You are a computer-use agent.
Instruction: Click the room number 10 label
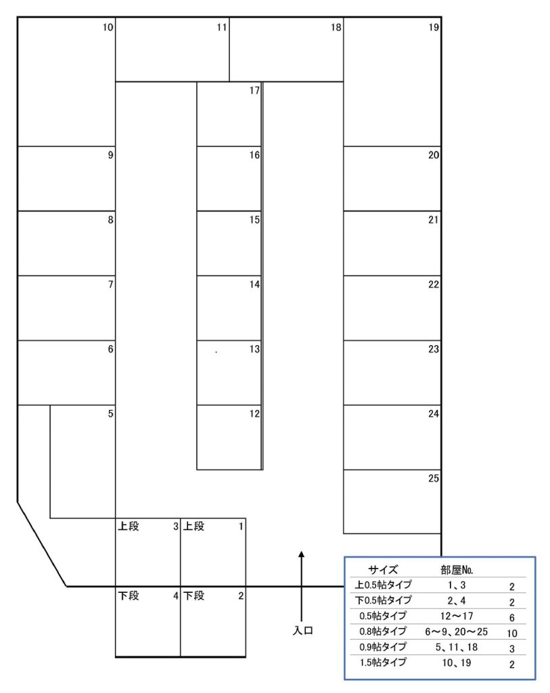click(x=108, y=27)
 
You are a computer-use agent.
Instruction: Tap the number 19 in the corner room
click(x=434, y=27)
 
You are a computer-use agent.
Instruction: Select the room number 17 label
click(x=254, y=91)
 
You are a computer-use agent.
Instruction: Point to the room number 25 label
click(x=434, y=478)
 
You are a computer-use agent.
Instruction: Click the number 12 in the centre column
click(x=254, y=413)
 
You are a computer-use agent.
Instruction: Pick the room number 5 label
click(x=110, y=413)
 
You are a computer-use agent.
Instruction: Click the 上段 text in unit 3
click(x=129, y=526)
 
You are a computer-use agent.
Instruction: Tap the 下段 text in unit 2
click(x=194, y=596)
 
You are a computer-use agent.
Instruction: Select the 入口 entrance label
click(x=302, y=631)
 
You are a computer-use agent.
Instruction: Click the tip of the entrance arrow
click(x=301, y=552)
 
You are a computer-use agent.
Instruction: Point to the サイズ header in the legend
click(x=383, y=570)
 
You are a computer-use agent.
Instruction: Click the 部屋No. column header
click(x=457, y=570)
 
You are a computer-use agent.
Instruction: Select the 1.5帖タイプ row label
click(x=383, y=663)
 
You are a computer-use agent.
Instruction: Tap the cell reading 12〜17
click(x=457, y=616)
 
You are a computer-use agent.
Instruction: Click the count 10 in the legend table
click(x=511, y=633)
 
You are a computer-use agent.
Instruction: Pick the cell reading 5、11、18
click(x=457, y=647)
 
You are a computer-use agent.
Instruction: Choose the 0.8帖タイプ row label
click(x=383, y=631)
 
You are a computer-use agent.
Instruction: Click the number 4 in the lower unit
click(x=175, y=596)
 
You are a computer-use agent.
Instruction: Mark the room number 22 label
click(x=434, y=284)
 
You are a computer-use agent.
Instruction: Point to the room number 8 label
click(x=110, y=220)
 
